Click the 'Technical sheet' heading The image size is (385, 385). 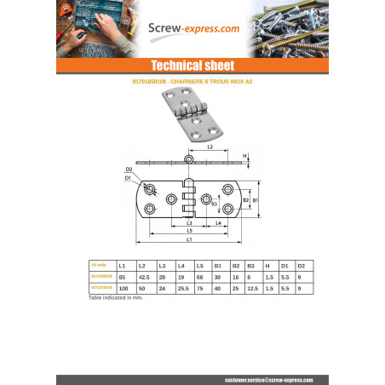[x=192, y=66]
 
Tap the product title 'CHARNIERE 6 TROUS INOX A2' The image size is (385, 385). [x=192, y=83]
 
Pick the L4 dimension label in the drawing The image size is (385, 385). [x=218, y=222]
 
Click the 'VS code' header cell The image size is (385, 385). [x=100, y=266]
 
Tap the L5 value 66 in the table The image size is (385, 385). [x=199, y=277]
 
